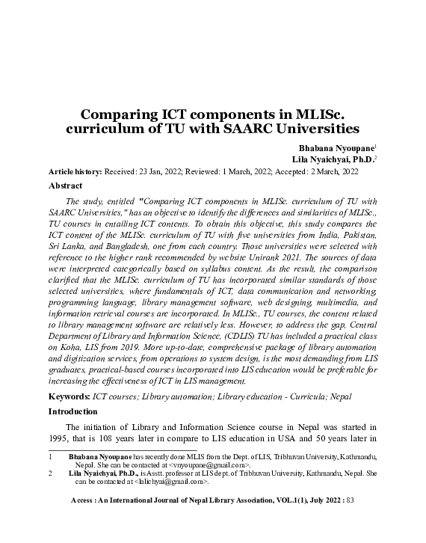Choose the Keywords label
click(x=69, y=396)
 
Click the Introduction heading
click(x=73, y=411)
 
